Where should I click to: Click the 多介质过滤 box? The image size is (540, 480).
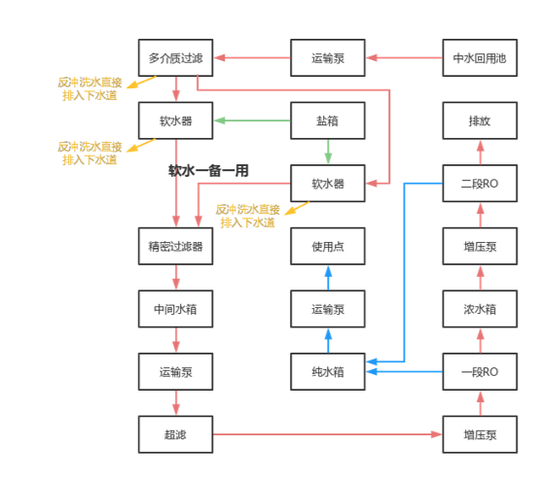point(176,58)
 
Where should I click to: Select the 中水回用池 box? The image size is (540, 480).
point(479,58)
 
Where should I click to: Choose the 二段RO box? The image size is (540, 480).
point(479,184)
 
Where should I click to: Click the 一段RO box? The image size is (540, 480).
point(479,371)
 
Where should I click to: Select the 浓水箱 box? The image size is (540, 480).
point(479,309)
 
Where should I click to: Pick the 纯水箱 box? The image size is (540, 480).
point(328,371)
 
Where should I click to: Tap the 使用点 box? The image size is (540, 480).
point(328,247)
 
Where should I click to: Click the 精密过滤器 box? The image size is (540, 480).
point(176,247)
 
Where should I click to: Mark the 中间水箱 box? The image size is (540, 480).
point(176,309)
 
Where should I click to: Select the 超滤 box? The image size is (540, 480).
point(176,433)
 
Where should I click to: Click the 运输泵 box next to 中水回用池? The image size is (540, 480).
point(328,58)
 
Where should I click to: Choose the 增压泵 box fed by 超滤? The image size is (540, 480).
point(479,433)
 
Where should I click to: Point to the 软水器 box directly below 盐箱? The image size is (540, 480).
point(328,184)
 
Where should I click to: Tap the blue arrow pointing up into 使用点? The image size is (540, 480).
point(328,278)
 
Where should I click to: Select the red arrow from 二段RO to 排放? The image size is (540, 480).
point(479,153)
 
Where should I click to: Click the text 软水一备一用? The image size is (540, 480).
point(208,170)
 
